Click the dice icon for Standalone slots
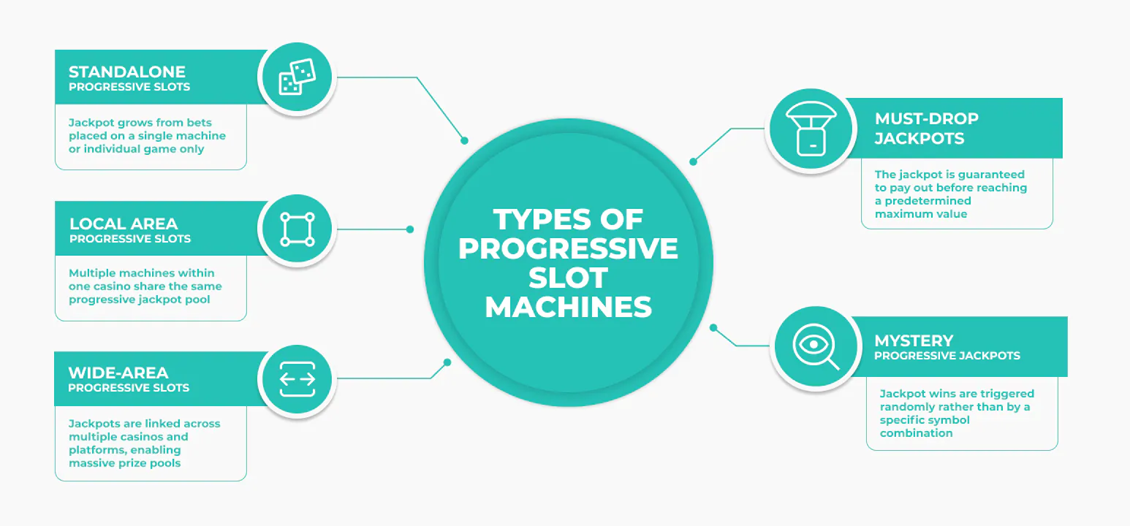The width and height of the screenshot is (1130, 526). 297,77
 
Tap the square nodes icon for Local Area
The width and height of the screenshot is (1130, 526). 297,229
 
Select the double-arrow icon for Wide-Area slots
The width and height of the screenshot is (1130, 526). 297,379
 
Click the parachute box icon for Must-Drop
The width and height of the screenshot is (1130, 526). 811,129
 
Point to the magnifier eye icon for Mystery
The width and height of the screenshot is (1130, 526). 816,346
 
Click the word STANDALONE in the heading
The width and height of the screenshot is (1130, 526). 127,72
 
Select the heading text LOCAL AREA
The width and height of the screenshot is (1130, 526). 124,224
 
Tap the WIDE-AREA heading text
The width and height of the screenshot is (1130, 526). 118,373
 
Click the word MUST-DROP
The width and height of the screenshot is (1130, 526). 927,118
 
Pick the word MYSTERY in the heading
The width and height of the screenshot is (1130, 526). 914,340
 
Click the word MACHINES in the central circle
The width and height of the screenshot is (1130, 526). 569,307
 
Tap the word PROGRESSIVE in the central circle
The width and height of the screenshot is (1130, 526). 568,248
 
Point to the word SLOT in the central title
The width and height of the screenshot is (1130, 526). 568,278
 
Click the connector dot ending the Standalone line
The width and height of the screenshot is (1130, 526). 465,141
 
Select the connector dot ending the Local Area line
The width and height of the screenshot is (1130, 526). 410,229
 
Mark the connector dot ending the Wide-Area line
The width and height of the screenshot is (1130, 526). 447,362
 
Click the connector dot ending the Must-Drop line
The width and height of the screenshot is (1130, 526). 693,162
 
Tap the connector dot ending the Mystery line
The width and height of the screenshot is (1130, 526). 713,328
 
